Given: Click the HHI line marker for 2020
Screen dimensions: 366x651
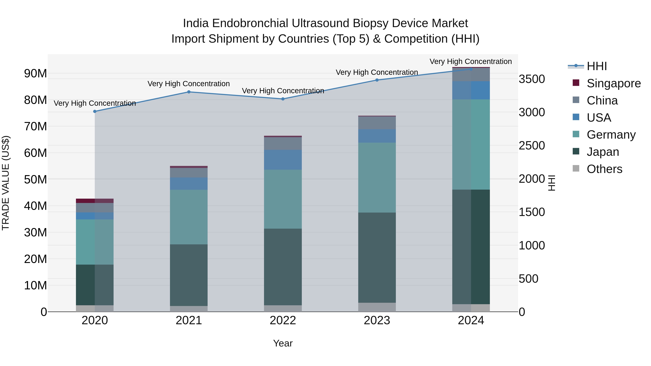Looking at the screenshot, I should click(x=95, y=111).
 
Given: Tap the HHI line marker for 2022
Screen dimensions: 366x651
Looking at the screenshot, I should click(x=283, y=99).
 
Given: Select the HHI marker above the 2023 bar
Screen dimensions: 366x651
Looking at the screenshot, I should click(x=377, y=80).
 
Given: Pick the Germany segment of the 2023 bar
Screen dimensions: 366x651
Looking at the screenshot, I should click(x=377, y=177).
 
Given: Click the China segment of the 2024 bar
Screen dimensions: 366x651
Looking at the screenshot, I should click(x=471, y=75).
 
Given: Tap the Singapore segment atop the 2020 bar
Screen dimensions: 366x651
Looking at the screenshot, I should click(x=95, y=201).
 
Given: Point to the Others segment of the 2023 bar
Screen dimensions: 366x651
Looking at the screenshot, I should click(x=377, y=307).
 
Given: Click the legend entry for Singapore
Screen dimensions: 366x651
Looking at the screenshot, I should click(x=613, y=83).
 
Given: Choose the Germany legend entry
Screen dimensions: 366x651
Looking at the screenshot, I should click(x=611, y=135).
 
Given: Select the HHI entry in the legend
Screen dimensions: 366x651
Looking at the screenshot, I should click(x=596, y=66).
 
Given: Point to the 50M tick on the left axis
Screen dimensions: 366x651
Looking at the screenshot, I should click(x=35, y=180).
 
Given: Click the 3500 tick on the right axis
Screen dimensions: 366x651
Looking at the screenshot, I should click(x=532, y=79).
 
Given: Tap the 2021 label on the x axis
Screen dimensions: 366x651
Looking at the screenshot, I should click(x=189, y=320).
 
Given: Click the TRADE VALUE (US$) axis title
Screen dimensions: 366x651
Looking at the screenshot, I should click(x=6, y=183).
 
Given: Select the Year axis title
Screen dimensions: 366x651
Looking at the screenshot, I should click(x=283, y=343).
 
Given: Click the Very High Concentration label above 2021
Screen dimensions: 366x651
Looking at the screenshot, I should click(x=189, y=84).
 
